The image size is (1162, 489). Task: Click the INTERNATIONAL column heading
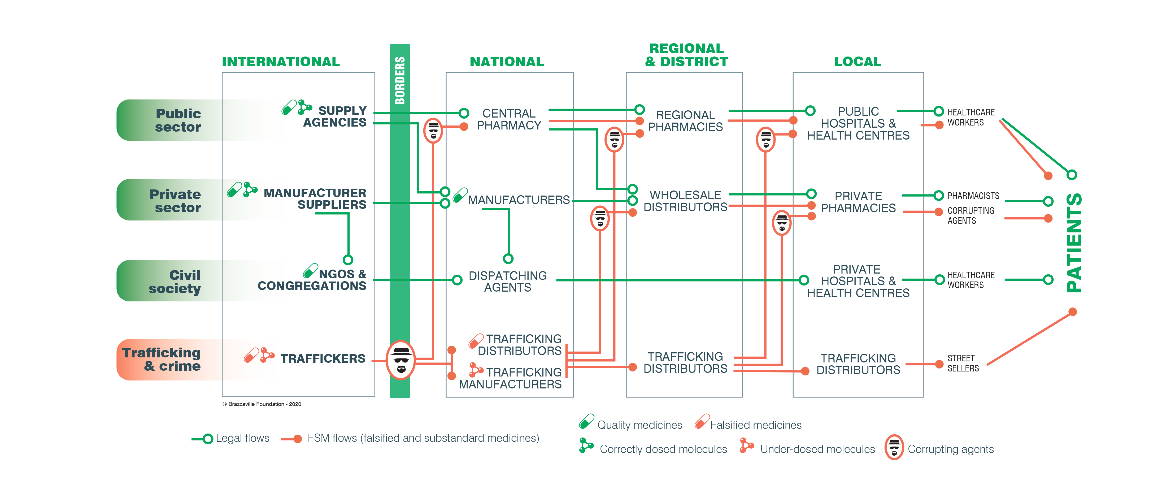coord(281,62)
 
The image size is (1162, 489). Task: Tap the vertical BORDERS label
coord(400,80)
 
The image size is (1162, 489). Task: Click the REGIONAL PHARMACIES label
coord(685,121)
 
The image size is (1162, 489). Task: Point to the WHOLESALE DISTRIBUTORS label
coord(685,201)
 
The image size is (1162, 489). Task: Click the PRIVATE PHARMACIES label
coord(858,202)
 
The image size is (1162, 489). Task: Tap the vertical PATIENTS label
coord(1074,243)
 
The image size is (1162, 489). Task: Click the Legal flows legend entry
coord(242,438)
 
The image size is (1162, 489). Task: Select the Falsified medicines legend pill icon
coord(702,421)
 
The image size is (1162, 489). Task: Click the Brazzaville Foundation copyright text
coord(262,404)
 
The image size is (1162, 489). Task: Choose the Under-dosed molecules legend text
coord(817,449)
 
